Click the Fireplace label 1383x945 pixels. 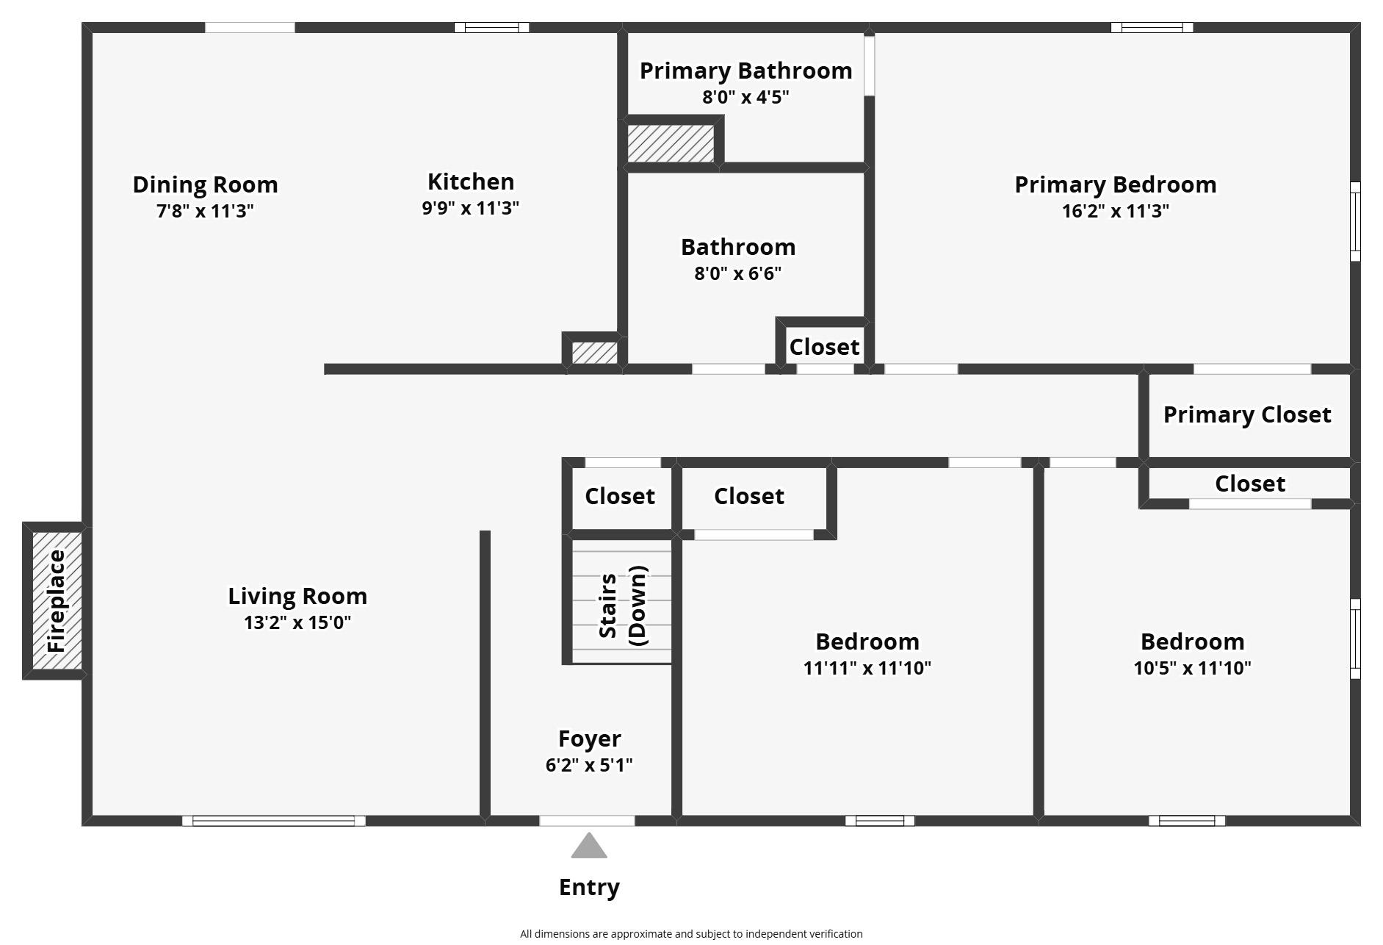(x=57, y=601)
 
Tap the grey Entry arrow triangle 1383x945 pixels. (x=589, y=846)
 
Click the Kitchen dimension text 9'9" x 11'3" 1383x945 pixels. (x=471, y=208)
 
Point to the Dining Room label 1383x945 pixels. (x=205, y=184)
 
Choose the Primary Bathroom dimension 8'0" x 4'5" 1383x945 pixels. (x=745, y=97)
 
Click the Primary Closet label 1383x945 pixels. (x=1247, y=414)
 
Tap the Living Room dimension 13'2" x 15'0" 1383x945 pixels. (x=297, y=622)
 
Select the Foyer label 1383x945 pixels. (x=589, y=739)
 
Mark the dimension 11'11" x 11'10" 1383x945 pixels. (x=867, y=668)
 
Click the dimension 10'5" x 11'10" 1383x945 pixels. (x=1192, y=668)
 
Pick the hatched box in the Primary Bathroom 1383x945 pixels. (x=671, y=143)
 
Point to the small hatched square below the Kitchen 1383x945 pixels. (x=594, y=353)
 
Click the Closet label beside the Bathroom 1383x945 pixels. (x=824, y=347)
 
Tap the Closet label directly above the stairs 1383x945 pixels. (x=620, y=496)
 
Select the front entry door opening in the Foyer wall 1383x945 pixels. (x=587, y=821)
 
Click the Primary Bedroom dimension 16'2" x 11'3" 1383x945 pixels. (x=1115, y=211)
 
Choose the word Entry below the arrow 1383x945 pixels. (x=589, y=888)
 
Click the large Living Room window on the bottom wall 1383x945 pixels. (x=274, y=821)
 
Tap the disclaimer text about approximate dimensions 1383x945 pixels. (x=691, y=934)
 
